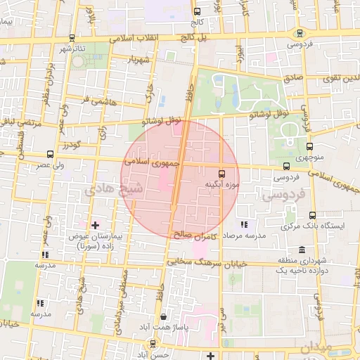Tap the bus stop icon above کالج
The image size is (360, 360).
197,12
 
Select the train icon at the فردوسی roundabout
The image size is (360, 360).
300,33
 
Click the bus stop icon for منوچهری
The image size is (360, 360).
309,146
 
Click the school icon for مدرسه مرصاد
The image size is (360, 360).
243,224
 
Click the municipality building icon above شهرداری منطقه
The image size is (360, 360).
302,250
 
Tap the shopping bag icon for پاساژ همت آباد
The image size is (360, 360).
163,316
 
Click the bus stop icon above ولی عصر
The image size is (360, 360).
49,154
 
